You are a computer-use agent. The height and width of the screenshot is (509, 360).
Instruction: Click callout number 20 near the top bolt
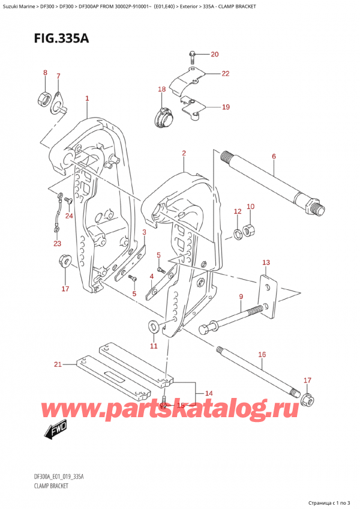(215, 55)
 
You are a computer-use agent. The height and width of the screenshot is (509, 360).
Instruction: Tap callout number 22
(225, 74)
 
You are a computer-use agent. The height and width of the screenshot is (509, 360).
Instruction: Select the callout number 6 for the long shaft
(274, 157)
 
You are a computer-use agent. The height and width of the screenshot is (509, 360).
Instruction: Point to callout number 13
(266, 263)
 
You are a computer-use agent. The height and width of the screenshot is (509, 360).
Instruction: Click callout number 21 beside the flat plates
(58, 364)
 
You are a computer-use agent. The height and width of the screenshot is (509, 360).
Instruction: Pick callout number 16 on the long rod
(262, 355)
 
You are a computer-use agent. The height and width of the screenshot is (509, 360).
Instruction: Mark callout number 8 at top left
(44, 73)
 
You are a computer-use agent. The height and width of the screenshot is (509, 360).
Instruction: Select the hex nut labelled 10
(252, 230)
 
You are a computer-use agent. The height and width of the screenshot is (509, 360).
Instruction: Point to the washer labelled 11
(152, 327)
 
